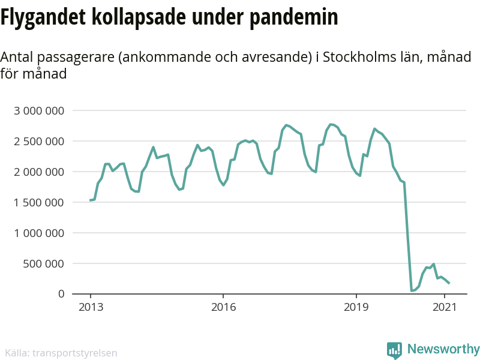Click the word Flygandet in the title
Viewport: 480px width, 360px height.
43,17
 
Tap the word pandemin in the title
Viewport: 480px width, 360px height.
294,17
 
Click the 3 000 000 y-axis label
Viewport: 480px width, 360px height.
39,111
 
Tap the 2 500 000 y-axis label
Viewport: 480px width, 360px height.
39,142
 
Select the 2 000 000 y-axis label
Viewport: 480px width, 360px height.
39,172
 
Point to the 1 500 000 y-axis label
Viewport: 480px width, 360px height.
39,202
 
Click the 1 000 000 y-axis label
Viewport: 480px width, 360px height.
39,233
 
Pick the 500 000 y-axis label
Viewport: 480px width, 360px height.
44,263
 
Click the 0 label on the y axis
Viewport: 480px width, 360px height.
61,294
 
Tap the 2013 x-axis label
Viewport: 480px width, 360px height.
91,307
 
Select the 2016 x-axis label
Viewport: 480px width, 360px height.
223,307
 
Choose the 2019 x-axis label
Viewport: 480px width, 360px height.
356,307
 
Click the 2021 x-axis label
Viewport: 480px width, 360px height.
445,307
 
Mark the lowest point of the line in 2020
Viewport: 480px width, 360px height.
412,290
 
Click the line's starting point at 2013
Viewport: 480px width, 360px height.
91,200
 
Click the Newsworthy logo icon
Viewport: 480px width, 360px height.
394,350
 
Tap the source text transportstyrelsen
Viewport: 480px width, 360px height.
74,353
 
